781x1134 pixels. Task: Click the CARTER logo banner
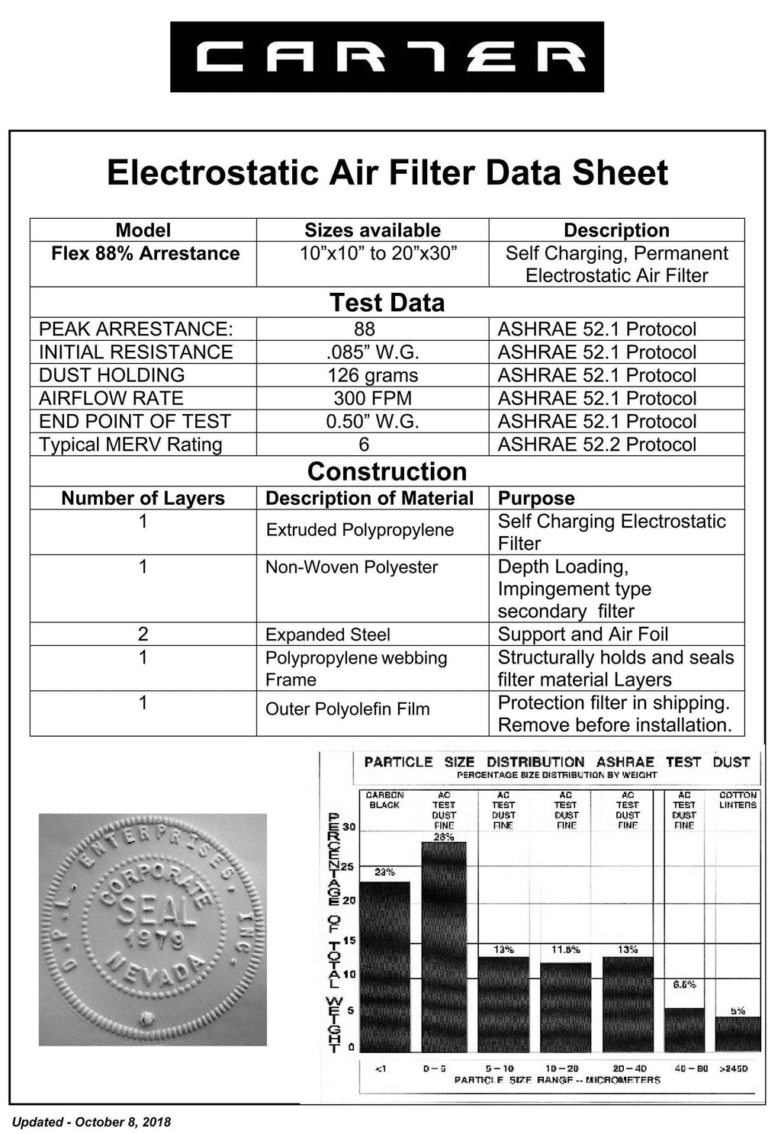[387, 57]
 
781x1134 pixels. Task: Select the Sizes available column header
[372, 230]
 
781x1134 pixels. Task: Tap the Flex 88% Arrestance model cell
[145, 254]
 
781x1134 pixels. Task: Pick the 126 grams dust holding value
[372, 375]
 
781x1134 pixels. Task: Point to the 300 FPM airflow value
[372, 398]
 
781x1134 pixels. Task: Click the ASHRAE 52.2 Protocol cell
[596, 445]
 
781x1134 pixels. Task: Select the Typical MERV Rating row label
[130, 445]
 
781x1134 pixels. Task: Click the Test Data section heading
[387, 303]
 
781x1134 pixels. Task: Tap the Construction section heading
[387, 471]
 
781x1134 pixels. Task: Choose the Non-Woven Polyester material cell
[352, 567]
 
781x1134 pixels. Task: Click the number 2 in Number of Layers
[143, 634]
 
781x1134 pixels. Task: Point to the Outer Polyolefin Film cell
[347, 709]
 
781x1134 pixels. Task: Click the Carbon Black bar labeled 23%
[384, 965]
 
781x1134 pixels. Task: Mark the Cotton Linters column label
[738, 799]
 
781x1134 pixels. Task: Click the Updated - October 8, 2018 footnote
[92, 1122]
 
